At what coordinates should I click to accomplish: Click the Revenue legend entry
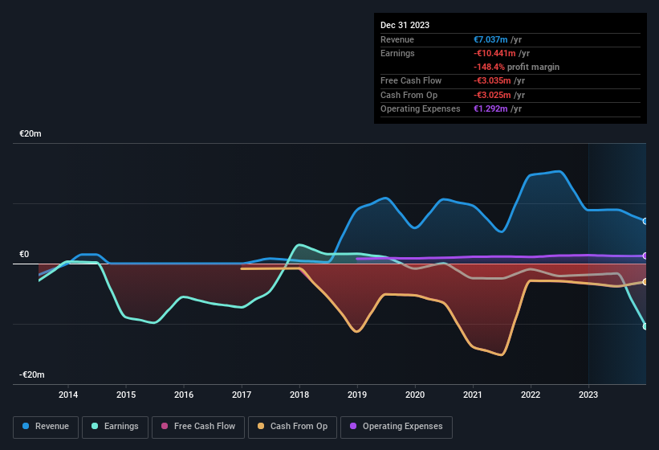coord(47,426)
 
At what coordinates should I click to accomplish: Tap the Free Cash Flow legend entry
coord(197,426)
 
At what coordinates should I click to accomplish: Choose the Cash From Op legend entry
coord(292,426)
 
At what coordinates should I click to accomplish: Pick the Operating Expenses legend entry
coord(397,426)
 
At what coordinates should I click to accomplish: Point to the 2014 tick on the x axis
coord(68,395)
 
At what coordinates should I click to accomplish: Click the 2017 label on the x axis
coord(242,395)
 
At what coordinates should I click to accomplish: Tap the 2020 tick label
coord(415,395)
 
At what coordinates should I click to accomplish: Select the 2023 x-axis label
coord(588,395)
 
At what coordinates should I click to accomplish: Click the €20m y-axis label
coord(31,134)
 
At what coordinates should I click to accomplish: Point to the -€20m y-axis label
coord(32,375)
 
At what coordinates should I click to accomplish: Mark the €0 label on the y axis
coord(24,255)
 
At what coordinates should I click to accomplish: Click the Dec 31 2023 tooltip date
coord(405,25)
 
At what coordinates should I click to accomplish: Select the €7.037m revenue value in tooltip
coord(491,39)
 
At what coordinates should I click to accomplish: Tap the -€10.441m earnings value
coord(493,53)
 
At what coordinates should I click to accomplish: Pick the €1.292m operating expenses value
coord(491,108)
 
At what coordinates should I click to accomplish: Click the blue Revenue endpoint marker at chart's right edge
coord(645,221)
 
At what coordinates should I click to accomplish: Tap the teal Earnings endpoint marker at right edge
coord(645,326)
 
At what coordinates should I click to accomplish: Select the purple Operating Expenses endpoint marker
coord(645,256)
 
